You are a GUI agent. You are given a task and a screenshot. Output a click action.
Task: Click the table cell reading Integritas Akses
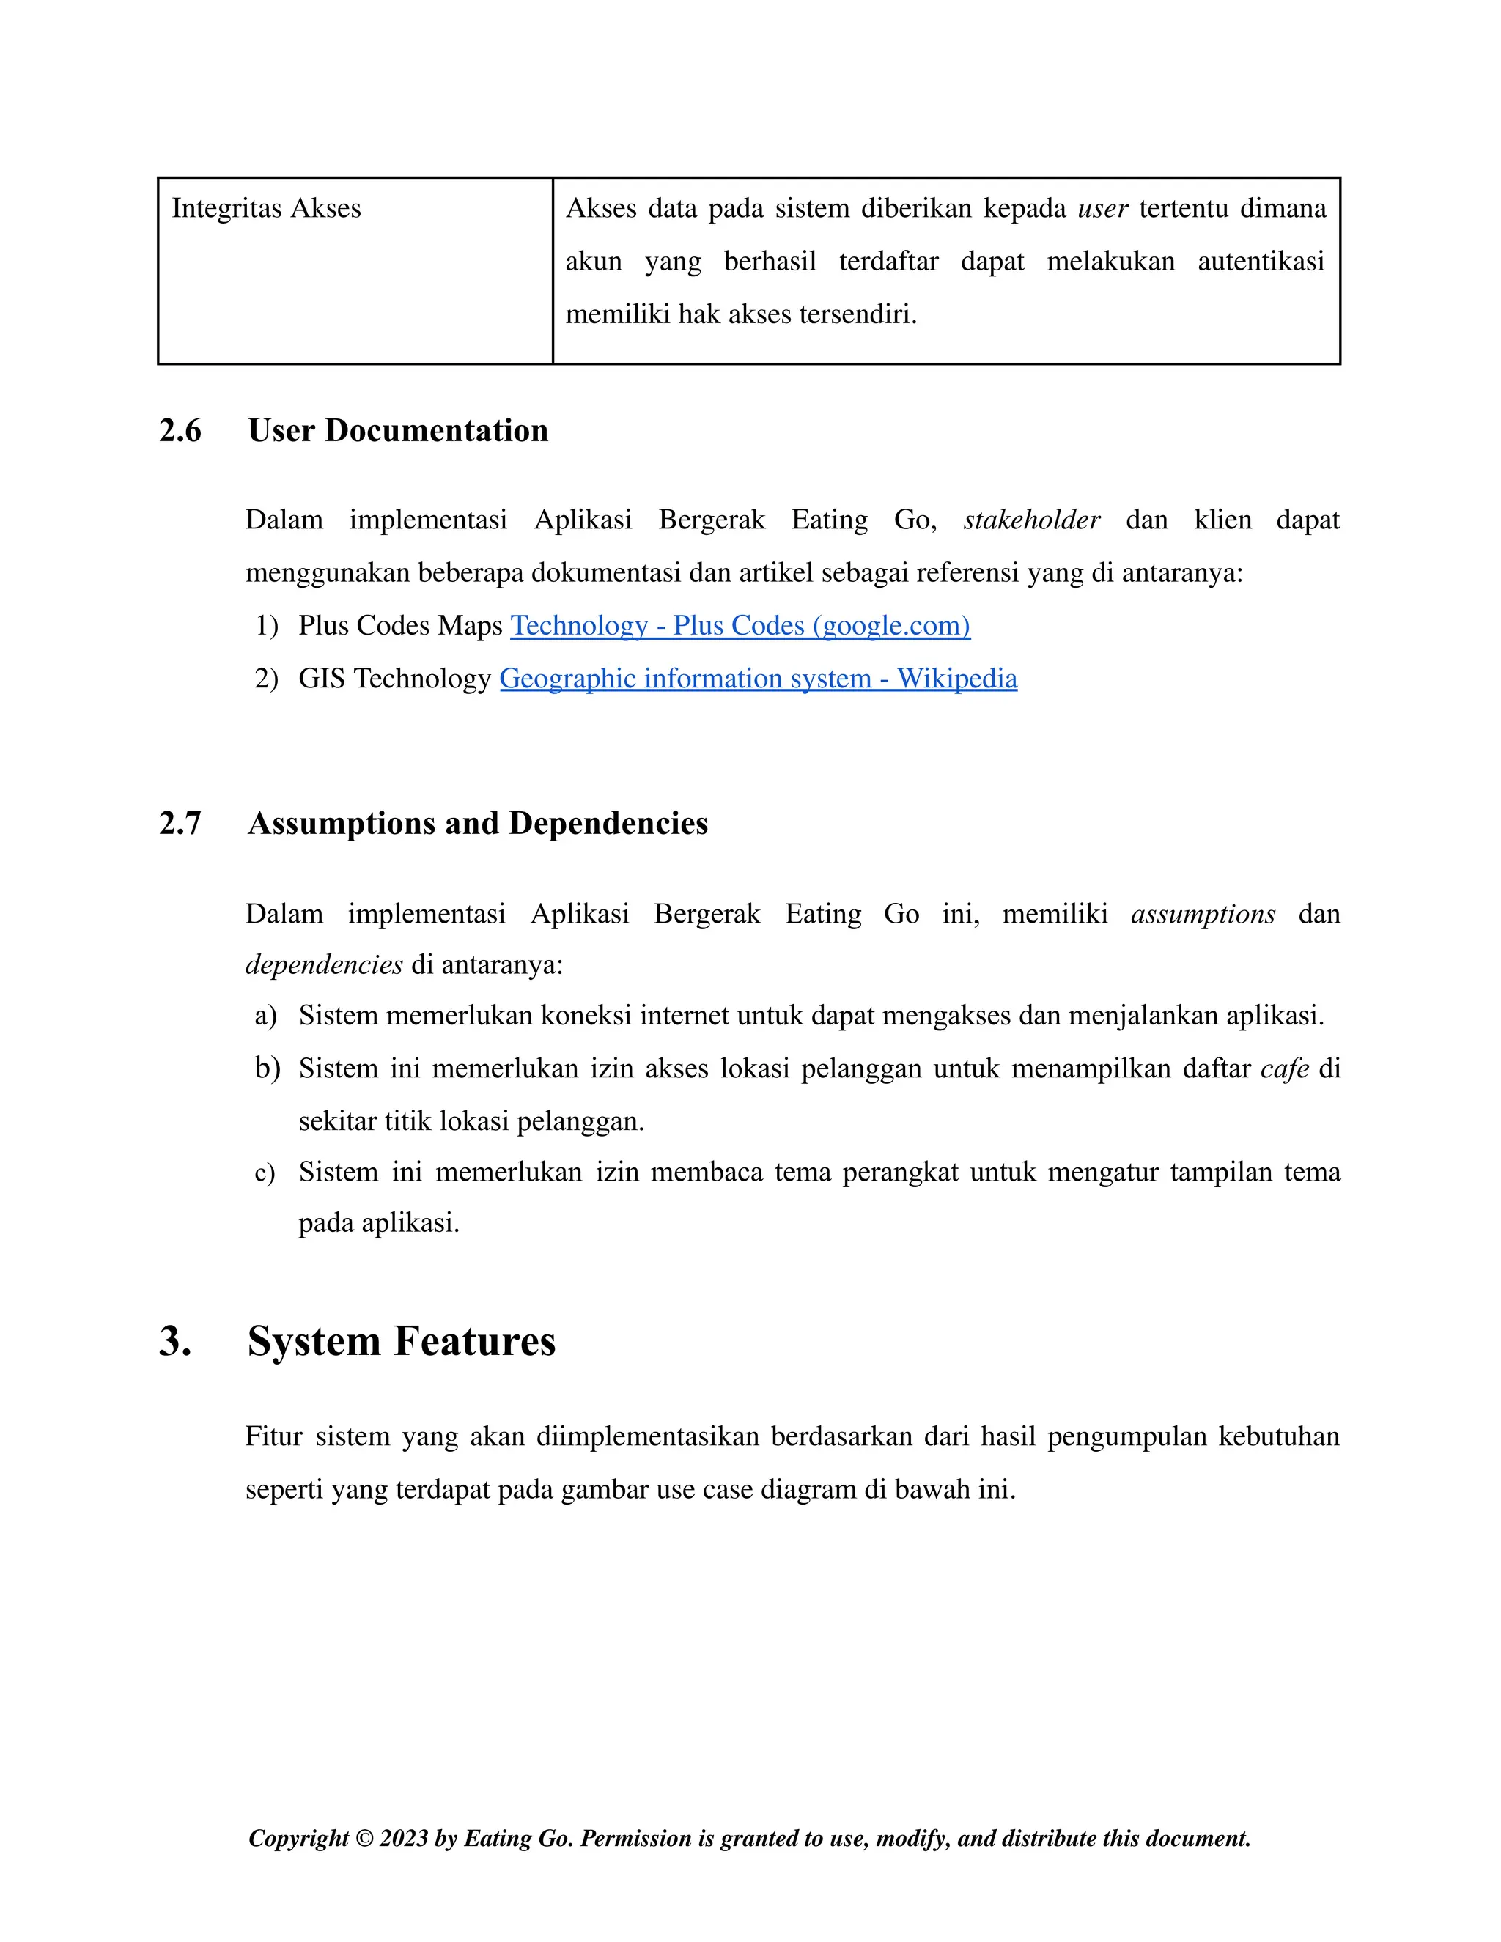coord(266,208)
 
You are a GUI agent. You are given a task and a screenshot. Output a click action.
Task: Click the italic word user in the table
coord(1102,208)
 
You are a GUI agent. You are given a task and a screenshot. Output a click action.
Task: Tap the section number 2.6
coord(180,430)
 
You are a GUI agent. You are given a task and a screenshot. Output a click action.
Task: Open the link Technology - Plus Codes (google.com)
coord(739,625)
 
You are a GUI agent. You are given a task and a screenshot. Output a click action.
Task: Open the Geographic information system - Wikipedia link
coord(758,679)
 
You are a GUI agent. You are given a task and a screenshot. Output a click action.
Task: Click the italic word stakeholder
coord(1031,520)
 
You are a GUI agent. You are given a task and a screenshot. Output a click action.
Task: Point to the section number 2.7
coord(180,824)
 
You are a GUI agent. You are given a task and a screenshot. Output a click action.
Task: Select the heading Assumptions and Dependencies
coord(478,824)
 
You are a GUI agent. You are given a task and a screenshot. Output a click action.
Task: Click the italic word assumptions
coord(1202,913)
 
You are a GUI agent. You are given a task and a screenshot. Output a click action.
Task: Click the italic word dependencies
coord(324,965)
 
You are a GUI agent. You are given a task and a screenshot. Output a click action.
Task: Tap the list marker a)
coord(265,1016)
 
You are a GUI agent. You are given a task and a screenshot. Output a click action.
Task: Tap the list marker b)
coord(267,1068)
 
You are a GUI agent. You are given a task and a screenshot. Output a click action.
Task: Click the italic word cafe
coord(1284,1068)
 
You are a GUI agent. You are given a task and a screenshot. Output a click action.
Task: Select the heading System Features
coord(401,1341)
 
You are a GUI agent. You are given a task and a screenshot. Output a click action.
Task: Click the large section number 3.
coord(174,1341)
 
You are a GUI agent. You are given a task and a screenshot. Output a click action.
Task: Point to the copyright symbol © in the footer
coord(364,1838)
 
